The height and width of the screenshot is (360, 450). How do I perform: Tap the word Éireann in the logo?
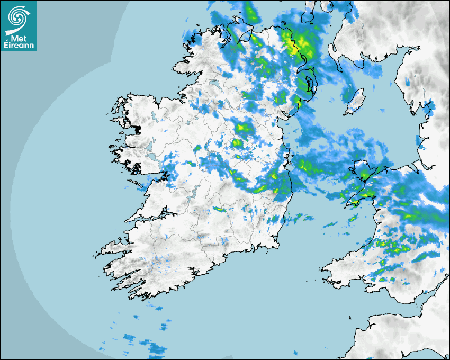pos(20,45)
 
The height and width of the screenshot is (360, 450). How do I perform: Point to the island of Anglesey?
pos(364,173)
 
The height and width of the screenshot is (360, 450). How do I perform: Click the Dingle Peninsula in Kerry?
pos(114,248)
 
